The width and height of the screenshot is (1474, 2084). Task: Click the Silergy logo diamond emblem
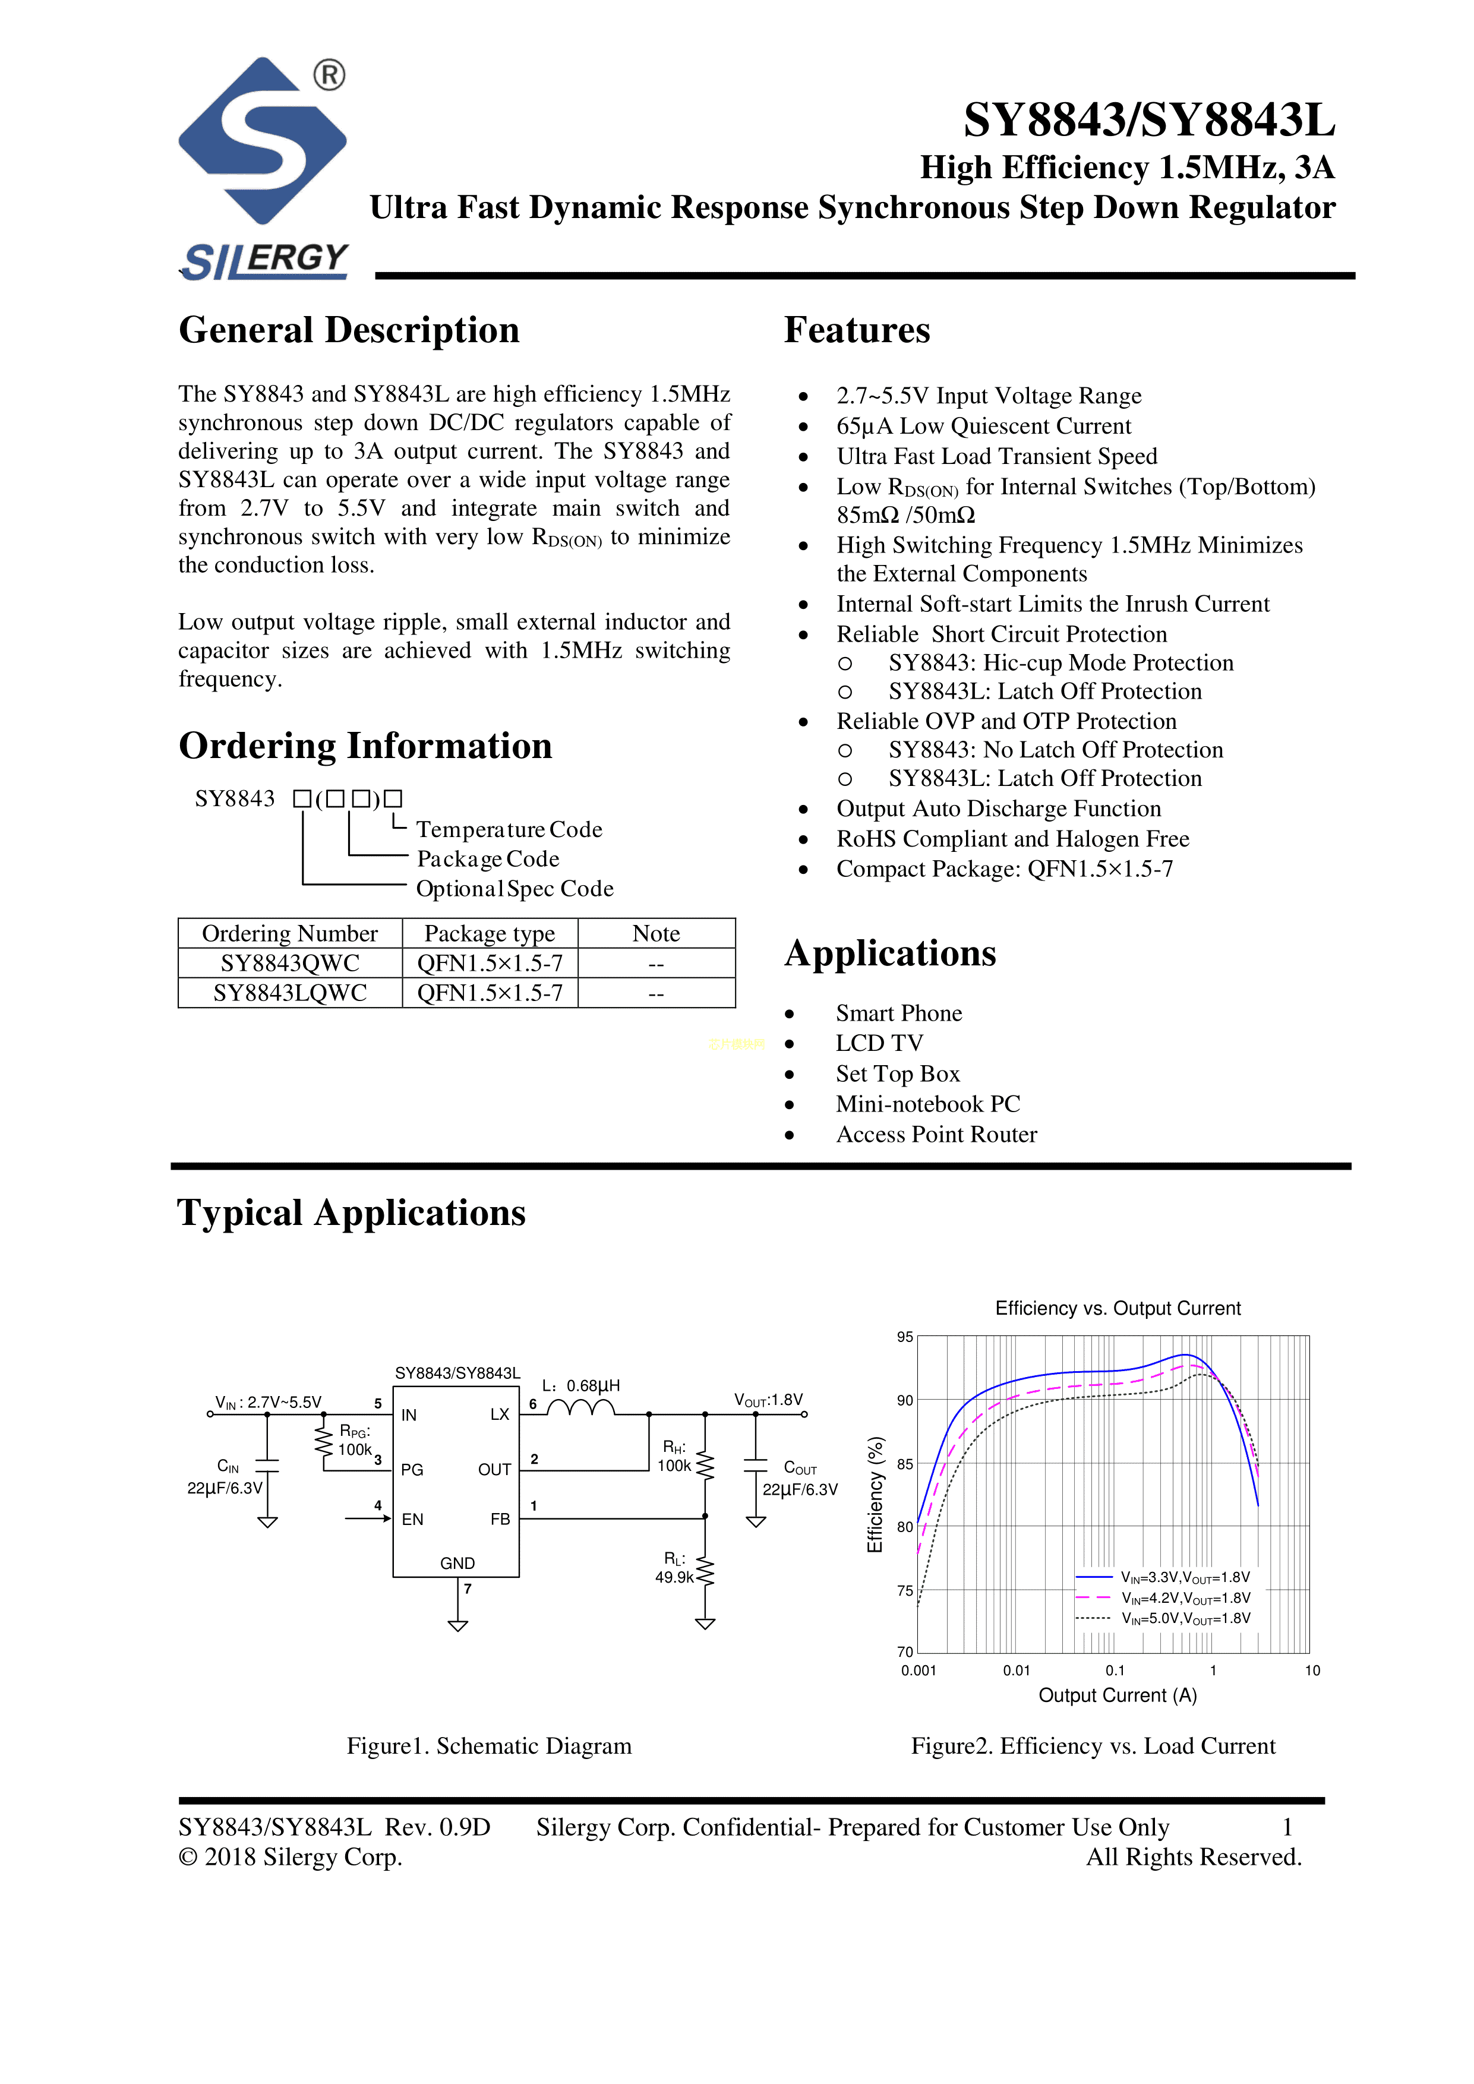pyautogui.click(x=263, y=141)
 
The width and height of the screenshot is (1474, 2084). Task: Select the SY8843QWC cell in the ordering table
pyautogui.click(x=289, y=963)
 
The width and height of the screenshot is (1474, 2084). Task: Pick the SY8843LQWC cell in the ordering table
pyautogui.click(x=289, y=993)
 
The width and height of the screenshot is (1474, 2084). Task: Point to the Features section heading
pyautogui.click(x=857, y=330)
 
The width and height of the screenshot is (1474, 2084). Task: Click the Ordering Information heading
pyautogui.click(x=365, y=746)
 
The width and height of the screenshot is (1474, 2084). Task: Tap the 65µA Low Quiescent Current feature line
pyautogui.click(x=983, y=427)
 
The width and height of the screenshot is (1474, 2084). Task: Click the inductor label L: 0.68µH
pyautogui.click(x=581, y=1386)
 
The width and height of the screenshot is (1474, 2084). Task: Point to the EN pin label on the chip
pyautogui.click(x=412, y=1520)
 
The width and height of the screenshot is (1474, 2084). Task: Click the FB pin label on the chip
pyautogui.click(x=500, y=1520)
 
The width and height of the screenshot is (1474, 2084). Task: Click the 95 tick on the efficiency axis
pyautogui.click(x=905, y=1337)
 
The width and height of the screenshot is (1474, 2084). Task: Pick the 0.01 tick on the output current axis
pyautogui.click(x=1017, y=1671)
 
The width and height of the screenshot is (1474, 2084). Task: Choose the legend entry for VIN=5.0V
pyautogui.click(x=1185, y=1618)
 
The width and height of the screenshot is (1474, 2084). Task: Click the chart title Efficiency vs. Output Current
pyautogui.click(x=1118, y=1309)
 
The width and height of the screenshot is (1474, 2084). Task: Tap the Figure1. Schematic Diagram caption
pyautogui.click(x=488, y=1747)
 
